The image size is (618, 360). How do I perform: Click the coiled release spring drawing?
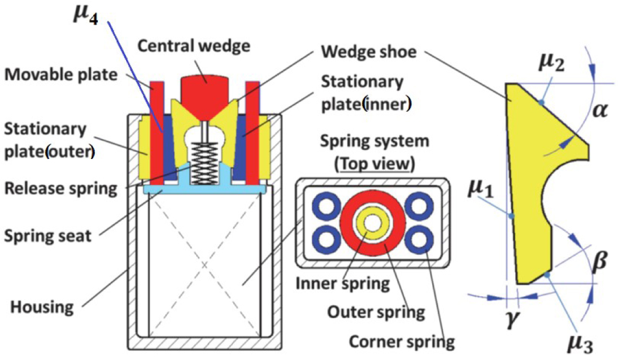205,161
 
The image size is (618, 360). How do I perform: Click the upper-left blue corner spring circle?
325,207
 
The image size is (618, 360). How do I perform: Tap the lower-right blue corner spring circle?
419,239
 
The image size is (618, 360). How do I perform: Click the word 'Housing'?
42,307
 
